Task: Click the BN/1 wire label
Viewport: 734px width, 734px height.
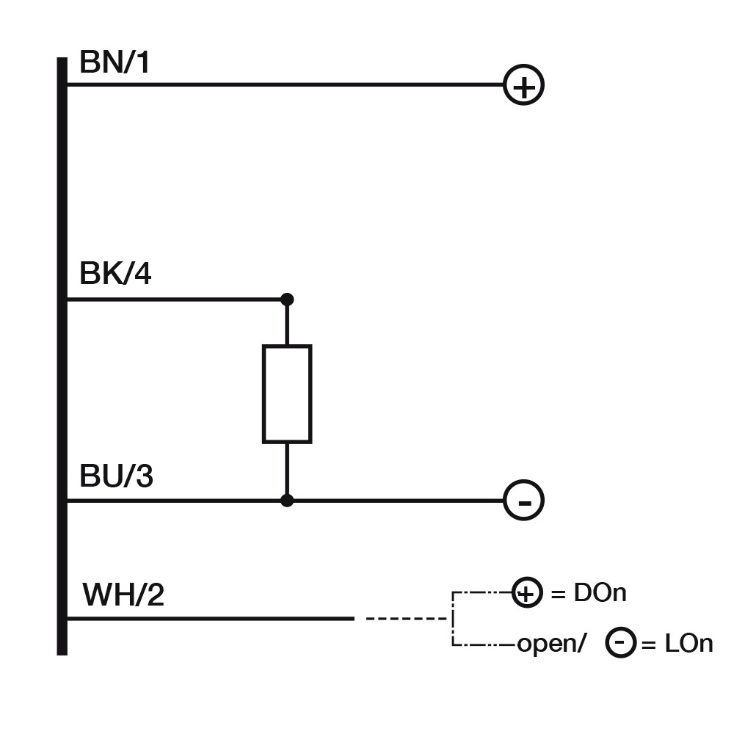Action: [x=115, y=63]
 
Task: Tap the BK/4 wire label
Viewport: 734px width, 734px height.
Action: [x=115, y=275]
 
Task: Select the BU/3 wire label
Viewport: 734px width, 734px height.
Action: [x=116, y=477]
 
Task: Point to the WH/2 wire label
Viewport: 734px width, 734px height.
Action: [x=123, y=594]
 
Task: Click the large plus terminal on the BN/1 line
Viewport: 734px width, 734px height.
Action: [x=523, y=86]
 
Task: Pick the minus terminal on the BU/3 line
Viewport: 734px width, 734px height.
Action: [x=523, y=501]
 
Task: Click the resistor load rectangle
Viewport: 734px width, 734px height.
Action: [x=287, y=394]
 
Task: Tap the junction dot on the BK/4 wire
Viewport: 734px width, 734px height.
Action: [x=287, y=299]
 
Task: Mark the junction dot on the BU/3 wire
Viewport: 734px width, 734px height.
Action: [x=287, y=501]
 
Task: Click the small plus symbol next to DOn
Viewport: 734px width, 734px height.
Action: [x=526, y=592]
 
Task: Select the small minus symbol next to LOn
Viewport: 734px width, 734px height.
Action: [x=620, y=643]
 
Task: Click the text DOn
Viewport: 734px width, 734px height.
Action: [x=600, y=593]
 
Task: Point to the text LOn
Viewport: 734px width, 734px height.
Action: [x=688, y=644]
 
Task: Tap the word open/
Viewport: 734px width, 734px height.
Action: [x=552, y=644]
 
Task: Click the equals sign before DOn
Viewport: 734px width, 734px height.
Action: [x=559, y=593]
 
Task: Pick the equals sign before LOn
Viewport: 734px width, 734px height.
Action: [x=649, y=644]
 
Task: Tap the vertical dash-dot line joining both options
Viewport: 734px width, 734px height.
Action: [x=454, y=619]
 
